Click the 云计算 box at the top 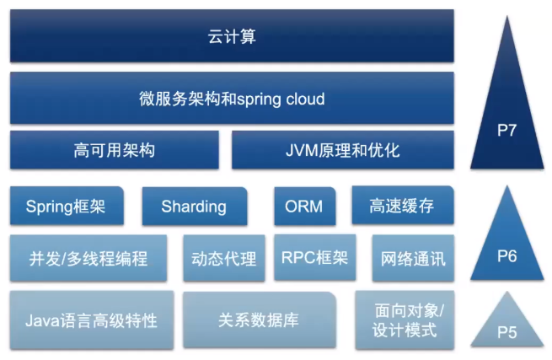[x=232, y=36]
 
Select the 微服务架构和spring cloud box [x=232, y=99]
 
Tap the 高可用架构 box [x=114, y=151]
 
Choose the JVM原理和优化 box [x=342, y=151]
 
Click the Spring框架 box [x=66, y=207]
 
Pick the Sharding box [x=194, y=207]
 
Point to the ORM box [x=304, y=207]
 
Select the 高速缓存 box [x=401, y=207]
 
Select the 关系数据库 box [x=259, y=320]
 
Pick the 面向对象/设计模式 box [x=405, y=320]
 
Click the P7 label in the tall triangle [x=506, y=130]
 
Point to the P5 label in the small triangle [x=506, y=332]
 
